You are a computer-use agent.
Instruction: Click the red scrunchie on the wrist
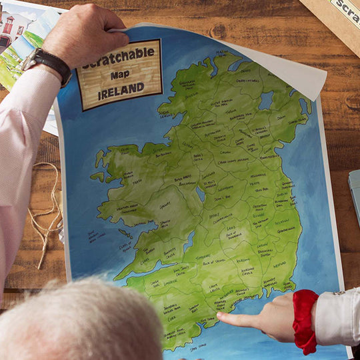click(305, 320)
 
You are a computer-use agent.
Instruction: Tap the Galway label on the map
click(164, 206)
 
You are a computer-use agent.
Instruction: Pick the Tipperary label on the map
click(203, 256)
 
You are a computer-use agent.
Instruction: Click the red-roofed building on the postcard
click(13, 27)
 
